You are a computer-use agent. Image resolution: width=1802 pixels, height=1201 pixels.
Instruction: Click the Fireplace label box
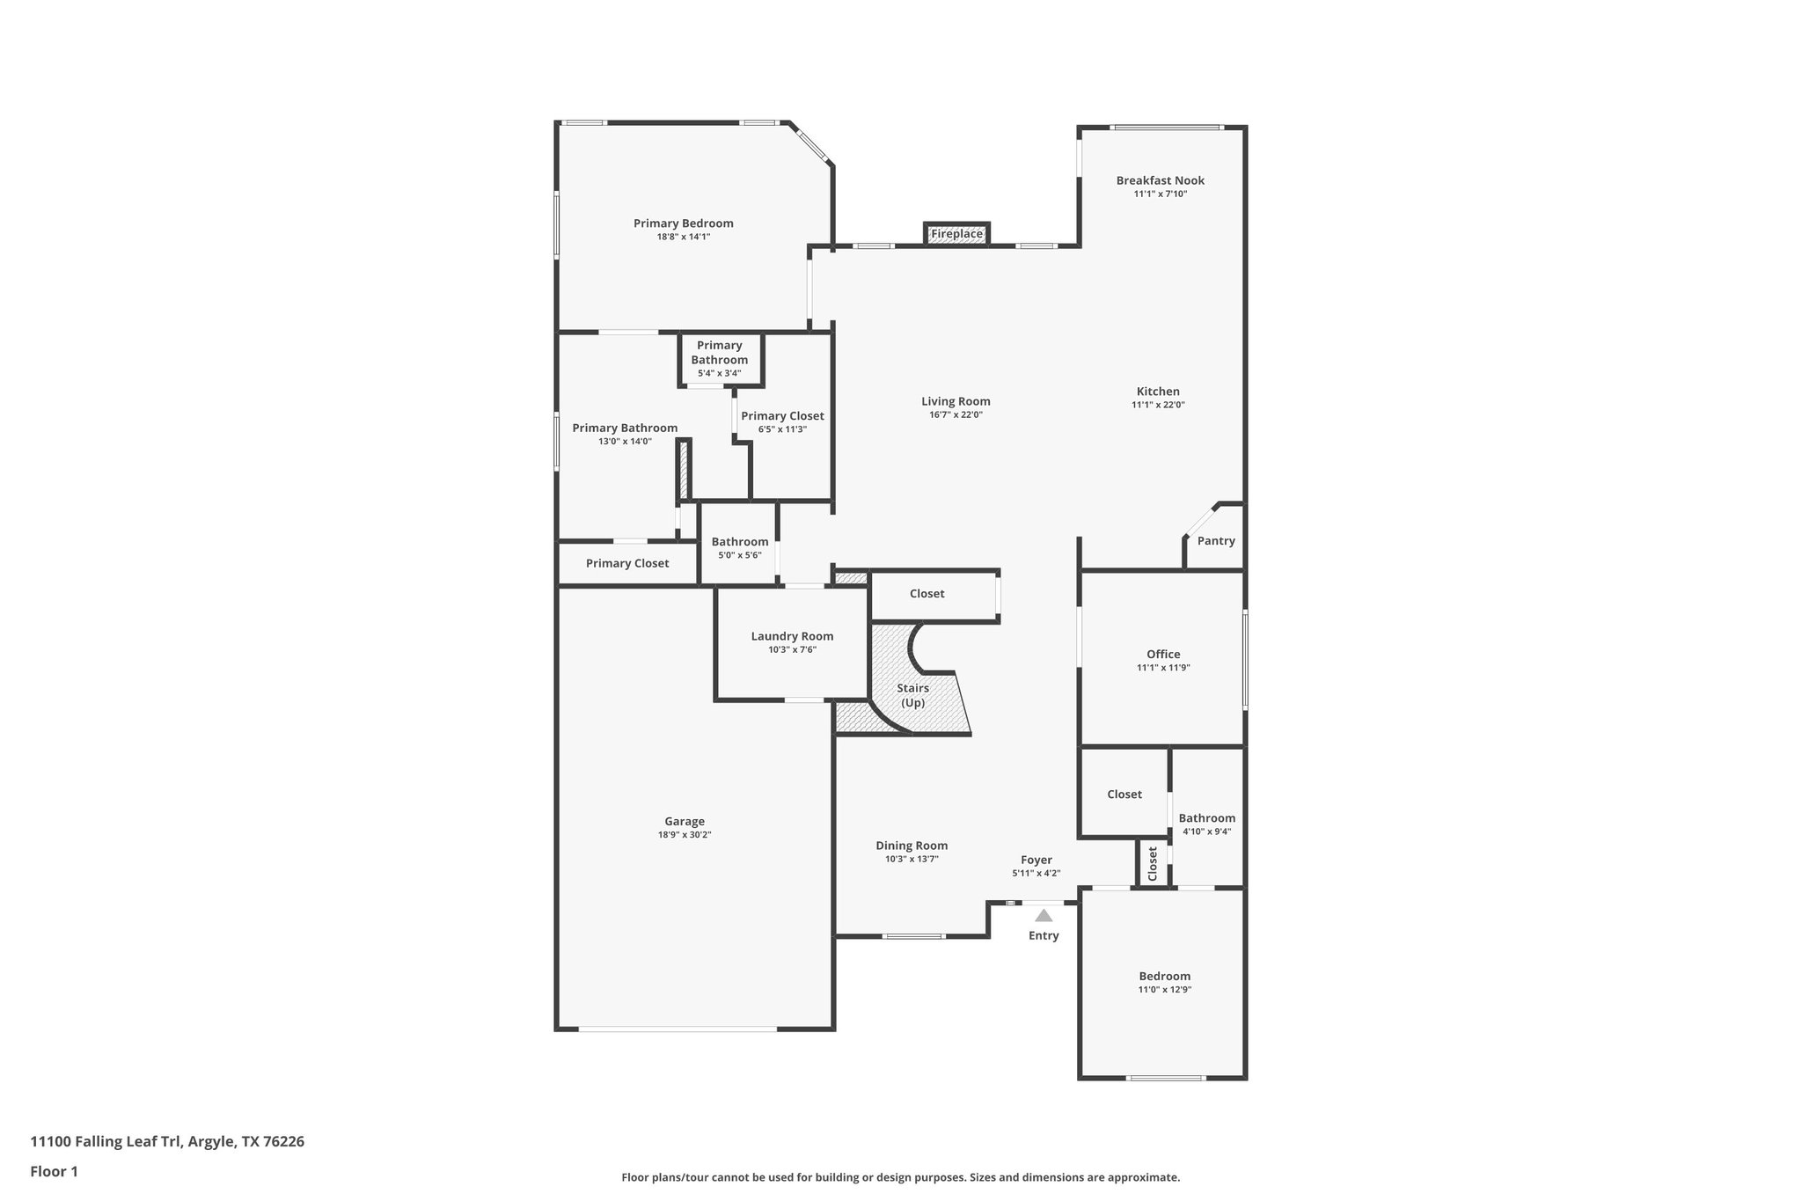(956, 234)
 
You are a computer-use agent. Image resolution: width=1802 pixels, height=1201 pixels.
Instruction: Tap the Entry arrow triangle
(1044, 916)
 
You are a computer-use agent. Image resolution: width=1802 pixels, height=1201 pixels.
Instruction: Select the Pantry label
(1216, 541)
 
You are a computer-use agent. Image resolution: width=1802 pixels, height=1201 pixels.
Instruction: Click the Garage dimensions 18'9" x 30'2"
(685, 835)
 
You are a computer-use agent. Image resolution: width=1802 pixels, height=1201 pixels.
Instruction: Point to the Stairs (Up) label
(912, 695)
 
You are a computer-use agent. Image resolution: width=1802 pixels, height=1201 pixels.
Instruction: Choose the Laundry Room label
(792, 636)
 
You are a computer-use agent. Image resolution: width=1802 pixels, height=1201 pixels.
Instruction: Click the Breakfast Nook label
(1160, 180)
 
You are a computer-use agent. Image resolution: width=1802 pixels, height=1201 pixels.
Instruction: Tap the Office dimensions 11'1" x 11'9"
(1163, 668)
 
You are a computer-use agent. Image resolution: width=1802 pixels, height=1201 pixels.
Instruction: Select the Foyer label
(1036, 860)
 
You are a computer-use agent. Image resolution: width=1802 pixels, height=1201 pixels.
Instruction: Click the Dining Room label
(912, 846)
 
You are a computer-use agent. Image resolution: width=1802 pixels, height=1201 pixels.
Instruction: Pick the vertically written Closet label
(1153, 864)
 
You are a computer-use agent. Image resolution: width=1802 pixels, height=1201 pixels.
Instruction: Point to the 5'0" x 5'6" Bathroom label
(739, 542)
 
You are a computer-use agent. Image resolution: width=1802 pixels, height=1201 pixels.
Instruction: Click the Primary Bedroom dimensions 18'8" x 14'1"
(684, 237)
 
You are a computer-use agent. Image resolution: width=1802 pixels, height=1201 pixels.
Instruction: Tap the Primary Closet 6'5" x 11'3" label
(782, 416)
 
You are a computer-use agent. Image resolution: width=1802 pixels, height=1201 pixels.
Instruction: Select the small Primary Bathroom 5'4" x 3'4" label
(719, 352)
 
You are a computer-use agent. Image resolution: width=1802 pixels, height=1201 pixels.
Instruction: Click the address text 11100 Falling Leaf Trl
(167, 1141)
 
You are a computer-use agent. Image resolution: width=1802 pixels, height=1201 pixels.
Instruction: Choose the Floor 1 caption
(55, 1171)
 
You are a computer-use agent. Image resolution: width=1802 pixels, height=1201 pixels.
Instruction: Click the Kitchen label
(1158, 392)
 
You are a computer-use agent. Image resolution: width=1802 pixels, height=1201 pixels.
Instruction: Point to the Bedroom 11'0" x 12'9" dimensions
(1165, 990)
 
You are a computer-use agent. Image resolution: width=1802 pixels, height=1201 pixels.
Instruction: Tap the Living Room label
(956, 401)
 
